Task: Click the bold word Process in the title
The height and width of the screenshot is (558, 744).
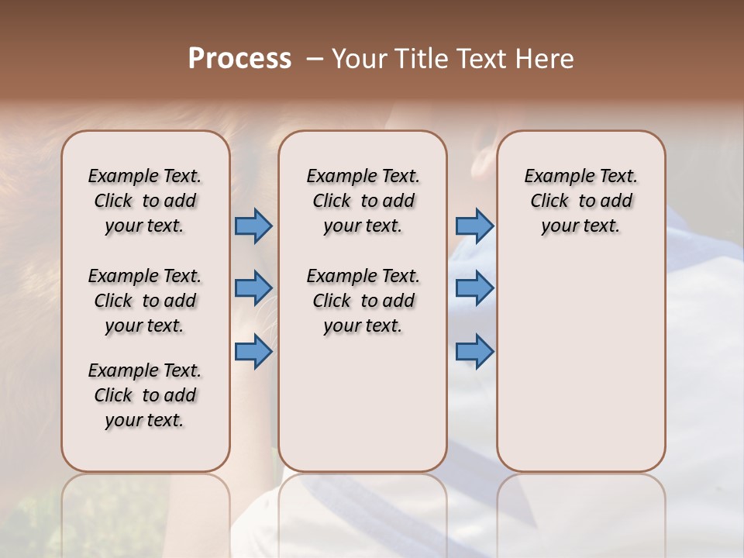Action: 239,59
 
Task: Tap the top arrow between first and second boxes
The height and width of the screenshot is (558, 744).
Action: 253,226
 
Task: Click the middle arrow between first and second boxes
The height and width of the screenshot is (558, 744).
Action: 253,288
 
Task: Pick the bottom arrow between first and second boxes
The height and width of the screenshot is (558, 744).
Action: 253,352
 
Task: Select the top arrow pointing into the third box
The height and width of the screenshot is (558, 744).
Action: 474,226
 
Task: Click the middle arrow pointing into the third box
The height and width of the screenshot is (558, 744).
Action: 474,288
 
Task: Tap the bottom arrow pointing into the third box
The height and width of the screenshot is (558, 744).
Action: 474,352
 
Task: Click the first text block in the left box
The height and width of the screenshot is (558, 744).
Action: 145,201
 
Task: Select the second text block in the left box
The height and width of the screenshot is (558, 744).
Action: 145,301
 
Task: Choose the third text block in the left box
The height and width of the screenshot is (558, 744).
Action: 145,395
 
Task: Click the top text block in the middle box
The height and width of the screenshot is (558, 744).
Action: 363,201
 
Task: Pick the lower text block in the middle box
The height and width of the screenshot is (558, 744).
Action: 363,301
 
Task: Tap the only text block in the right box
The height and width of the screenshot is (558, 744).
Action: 580,201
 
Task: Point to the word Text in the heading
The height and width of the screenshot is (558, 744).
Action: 482,59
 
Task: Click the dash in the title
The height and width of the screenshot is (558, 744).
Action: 315,59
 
